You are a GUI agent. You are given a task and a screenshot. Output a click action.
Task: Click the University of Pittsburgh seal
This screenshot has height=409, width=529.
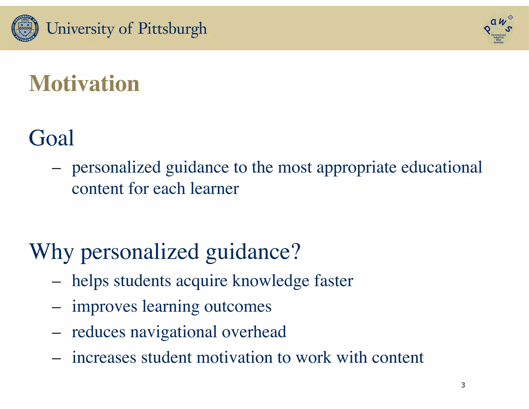tap(25, 28)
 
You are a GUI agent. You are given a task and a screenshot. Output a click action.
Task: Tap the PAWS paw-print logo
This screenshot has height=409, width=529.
tap(498, 29)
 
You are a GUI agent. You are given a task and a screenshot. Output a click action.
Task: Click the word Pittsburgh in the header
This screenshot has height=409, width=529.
tap(172, 28)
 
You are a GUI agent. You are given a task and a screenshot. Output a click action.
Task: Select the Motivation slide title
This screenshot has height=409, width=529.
tap(84, 84)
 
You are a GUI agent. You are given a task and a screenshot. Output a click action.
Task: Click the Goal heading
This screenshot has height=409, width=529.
tap(51, 138)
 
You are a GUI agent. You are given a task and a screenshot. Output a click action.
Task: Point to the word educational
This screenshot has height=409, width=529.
tap(441, 167)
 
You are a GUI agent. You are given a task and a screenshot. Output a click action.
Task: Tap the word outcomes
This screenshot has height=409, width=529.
tap(238, 307)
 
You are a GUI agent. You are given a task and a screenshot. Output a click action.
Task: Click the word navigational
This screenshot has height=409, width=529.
tap(173, 332)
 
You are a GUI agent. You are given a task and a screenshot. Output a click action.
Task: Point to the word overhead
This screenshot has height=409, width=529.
tap(254, 332)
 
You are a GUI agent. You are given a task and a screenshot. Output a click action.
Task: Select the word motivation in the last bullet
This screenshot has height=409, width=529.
tap(234, 358)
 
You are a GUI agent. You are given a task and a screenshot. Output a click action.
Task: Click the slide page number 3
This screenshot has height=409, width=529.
tap(463, 385)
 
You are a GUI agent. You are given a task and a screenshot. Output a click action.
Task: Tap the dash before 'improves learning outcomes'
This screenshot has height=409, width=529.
tap(56, 308)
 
